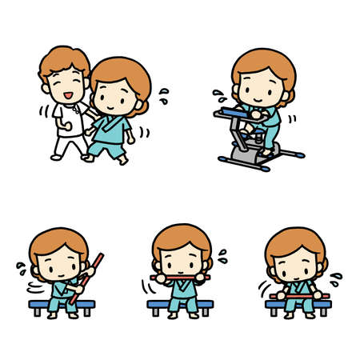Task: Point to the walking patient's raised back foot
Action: pyautogui.click(x=122, y=158)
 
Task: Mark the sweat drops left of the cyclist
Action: pyautogui.click(x=218, y=97)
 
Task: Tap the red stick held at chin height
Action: pyautogui.click(x=182, y=278)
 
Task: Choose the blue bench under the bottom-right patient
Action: pyautogui.click(x=297, y=305)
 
